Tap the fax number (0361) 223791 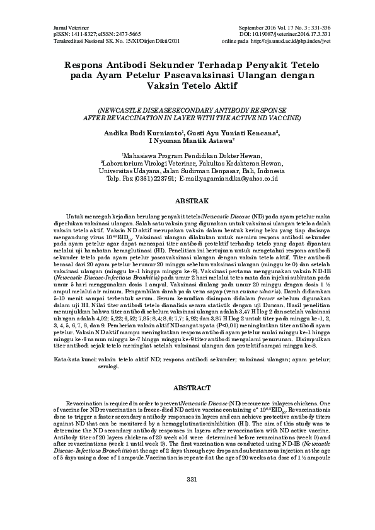coord(150,179)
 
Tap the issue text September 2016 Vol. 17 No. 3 coord(274,29)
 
